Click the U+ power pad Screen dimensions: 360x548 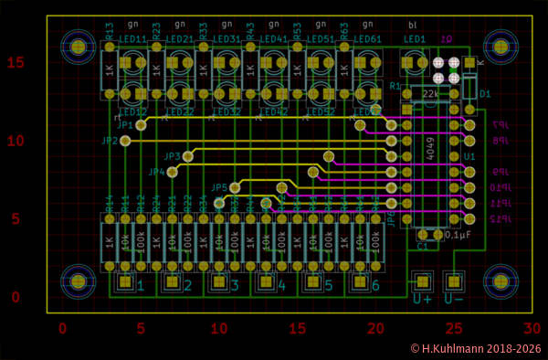(x=422, y=281)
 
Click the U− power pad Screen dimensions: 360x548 (x=454, y=281)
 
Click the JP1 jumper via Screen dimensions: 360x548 (x=141, y=125)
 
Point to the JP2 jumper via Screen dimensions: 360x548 (x=125, y=141)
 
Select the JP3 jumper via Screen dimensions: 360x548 (x=188, y=156)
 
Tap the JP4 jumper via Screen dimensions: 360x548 (x=172, y=171)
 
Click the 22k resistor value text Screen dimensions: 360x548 (x=430, y=93)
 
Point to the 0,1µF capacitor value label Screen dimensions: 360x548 (x=457, y=235)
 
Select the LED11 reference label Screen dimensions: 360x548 (x=133, y=40)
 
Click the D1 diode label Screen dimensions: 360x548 (x=485, y=94)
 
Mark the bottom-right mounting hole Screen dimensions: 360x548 (x=501, y=281)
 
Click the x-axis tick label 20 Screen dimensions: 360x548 (x=374, y=329)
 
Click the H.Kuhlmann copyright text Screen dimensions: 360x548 (x=475, y=348)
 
